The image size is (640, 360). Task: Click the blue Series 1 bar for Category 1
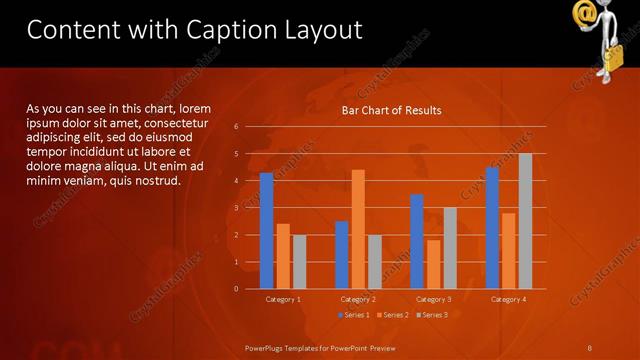(266, 231)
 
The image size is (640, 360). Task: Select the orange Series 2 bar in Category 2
(358, 229)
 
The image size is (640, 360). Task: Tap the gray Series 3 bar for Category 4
(525, 221)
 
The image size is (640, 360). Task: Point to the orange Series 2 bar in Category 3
(433, 264)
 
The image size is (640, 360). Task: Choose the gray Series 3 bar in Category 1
(299, 262)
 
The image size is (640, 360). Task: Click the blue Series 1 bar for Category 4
(492, 228)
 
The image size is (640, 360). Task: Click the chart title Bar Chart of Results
(391, 110)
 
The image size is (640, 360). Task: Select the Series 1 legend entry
(353, 315)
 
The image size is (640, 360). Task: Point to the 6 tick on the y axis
(236, 127)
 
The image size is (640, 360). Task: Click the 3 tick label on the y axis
(236, 208)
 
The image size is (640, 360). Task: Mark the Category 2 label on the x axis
(358, 299)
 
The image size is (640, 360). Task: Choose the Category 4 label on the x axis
(508, 299)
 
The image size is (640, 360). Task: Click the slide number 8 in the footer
(589, 347)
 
